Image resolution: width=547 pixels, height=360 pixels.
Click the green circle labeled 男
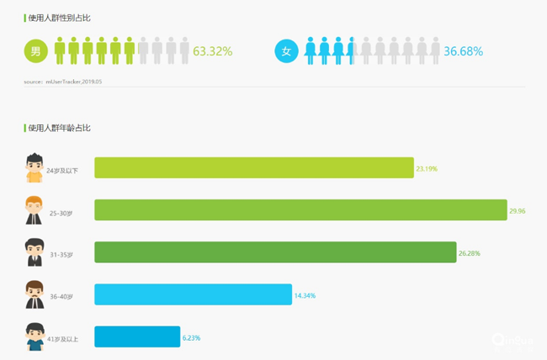click(36, 51)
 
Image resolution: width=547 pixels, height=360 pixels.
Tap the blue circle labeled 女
click(287, 51)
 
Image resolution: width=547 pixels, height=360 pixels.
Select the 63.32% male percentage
click(212, 51)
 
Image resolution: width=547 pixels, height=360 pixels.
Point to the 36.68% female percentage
click(463, 51)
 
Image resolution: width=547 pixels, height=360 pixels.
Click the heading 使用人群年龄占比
click(59, 128)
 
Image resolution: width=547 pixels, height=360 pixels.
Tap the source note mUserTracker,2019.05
click(63, 82)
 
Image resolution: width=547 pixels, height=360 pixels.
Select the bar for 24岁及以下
click(253, 168)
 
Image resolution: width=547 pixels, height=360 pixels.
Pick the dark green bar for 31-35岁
click(274, 252)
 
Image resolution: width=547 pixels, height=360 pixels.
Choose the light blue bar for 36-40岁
click(193, 294)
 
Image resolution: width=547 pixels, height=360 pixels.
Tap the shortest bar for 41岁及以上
click(137, 336)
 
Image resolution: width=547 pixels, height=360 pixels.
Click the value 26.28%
click(469, 253)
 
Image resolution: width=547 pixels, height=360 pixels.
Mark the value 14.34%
click(305, 295)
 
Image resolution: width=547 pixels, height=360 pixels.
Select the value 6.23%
click(191, 337)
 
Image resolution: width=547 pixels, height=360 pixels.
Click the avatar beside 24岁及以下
click(34, 167)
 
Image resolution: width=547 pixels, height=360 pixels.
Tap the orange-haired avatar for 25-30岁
click(34, 209)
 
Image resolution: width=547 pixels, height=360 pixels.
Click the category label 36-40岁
click(61, 296)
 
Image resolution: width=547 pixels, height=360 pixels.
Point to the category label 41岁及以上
click(63, 338)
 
